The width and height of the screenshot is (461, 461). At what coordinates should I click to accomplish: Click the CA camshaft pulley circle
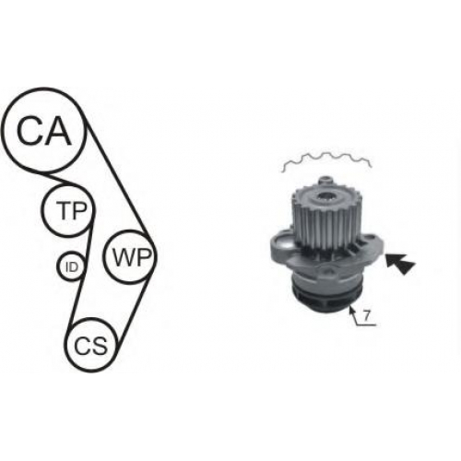(5, 129)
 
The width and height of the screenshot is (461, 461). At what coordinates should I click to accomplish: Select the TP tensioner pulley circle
(43, 210)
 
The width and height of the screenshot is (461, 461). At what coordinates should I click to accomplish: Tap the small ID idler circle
(58, 266)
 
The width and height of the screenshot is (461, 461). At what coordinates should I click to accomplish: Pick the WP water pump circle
(104, 256)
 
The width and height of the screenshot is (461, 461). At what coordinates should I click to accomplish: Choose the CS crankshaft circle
(65, 346)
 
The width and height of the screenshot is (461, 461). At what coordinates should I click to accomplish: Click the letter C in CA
(30, 130)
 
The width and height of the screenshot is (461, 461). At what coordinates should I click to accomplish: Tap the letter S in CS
(100, 346)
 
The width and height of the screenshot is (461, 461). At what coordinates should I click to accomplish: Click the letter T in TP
(64, 210)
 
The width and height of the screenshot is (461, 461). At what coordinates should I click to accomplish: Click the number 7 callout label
(365, 315)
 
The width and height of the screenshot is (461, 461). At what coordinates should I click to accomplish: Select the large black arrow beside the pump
(400, 264)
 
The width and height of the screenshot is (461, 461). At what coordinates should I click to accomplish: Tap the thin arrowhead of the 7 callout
(351, 309)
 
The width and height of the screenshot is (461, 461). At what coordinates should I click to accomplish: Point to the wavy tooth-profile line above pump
(326, 159)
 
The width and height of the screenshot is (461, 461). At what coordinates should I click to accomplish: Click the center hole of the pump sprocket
(325, 196)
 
